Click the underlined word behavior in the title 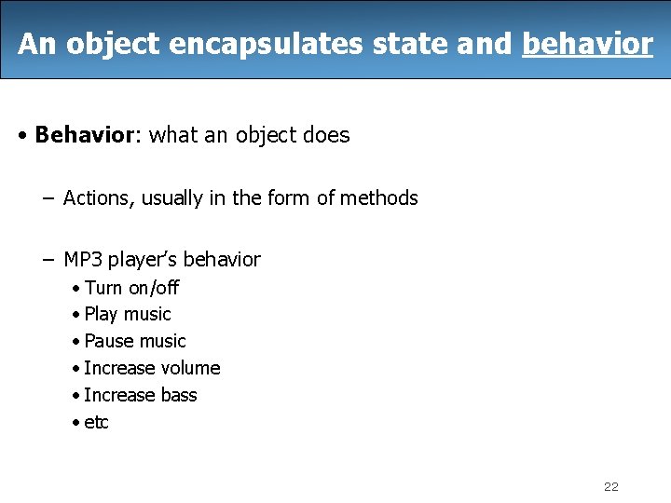[x=587, y=44]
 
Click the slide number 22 [x=611, y=486]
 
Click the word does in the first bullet [x=327, y=135]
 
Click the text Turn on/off [x=131, y=288]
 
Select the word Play [x=101, y=315]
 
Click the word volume [x=190, y=368]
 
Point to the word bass [x=179, y=395]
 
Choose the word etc [x=96, y=423]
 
